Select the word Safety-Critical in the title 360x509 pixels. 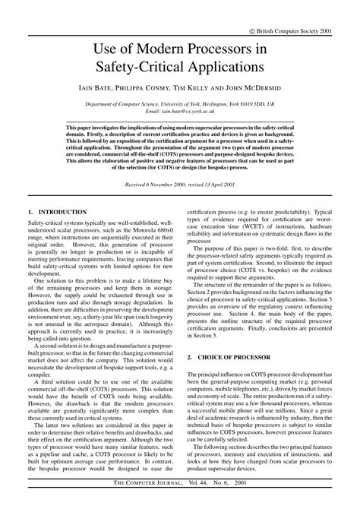click(x=149, y=68)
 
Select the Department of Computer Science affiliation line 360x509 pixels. click(x=179, y=103)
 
